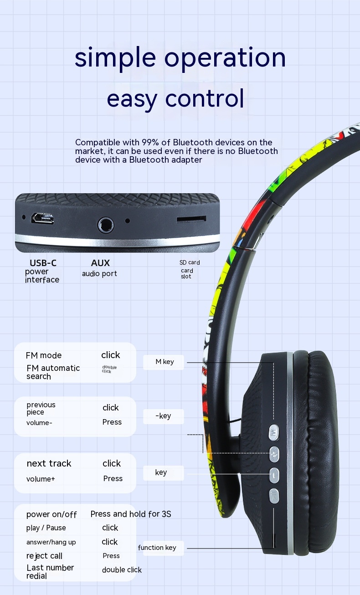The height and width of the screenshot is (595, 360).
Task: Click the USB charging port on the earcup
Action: point(42,219)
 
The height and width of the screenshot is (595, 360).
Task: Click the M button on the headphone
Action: point(274,432)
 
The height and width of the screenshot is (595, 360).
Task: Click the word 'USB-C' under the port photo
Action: point(43,263)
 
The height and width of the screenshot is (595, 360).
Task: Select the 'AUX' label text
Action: point(100,263)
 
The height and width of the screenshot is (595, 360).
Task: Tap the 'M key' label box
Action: point(164,362)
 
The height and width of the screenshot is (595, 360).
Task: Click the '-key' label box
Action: point(163,416)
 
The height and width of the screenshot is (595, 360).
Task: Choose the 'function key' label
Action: point(157,548)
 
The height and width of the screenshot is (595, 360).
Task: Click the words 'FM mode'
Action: point(44,355)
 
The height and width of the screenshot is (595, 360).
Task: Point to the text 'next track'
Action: point(49,463)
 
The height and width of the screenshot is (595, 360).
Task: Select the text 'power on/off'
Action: point(51,514)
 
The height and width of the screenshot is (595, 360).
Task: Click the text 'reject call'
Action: point(44,556)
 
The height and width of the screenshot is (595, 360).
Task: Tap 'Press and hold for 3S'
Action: point(131,514)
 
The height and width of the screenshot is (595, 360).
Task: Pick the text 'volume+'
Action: point(41,479)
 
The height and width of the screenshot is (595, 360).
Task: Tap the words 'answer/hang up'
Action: point(51,542)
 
